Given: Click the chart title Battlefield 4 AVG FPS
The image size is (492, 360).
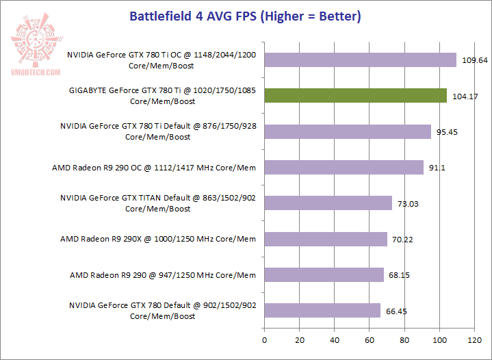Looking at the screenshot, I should [x=246, y=16].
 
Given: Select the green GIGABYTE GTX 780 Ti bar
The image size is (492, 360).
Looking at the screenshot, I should [x=355, y=96].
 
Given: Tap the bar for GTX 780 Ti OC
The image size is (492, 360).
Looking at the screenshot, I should [x=360, y=60].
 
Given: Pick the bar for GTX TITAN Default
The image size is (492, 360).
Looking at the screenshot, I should [x=328, y=203].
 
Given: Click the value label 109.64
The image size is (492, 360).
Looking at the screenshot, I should [x=474, y=60].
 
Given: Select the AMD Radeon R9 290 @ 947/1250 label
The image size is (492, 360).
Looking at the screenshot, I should [x=163, y=275].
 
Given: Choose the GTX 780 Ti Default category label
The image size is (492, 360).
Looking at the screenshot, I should [x=158, y=131].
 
